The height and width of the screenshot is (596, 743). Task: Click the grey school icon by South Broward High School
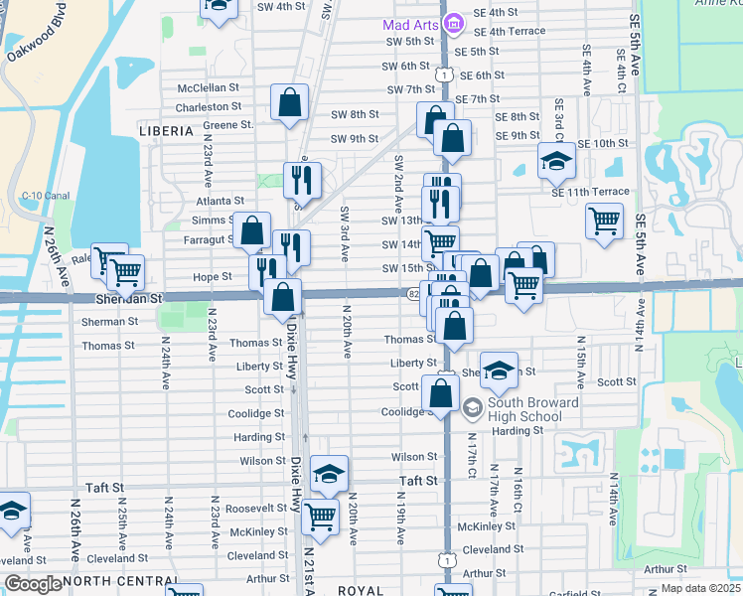tap(472, 405)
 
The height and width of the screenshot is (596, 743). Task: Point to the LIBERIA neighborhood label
tap(166, 131)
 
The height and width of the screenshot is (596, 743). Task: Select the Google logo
tap(33, 584)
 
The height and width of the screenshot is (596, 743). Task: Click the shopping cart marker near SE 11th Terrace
tap(604, 220)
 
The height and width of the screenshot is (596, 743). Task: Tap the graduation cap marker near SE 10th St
tap(556, 159)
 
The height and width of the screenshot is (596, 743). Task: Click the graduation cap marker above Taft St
tap(330, 473)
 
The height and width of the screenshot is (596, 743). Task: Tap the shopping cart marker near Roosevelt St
tap(320, 515)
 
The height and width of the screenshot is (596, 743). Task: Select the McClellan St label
tap(209, 87)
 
